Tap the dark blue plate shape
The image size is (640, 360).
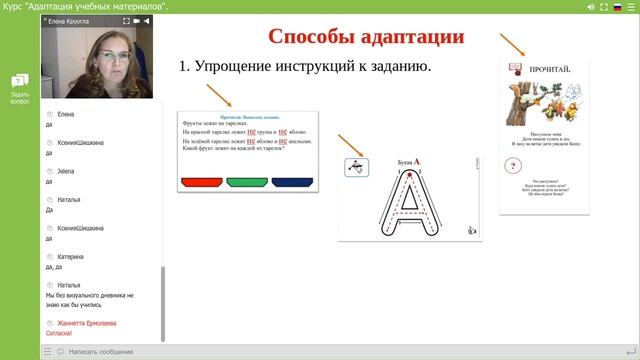click(x=291, y=182)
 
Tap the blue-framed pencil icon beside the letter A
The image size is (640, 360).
click(x=356, y=167)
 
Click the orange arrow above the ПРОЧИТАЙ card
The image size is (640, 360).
click(x=513, y=43)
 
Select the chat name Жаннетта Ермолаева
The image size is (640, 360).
click(x=87, y=324)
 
